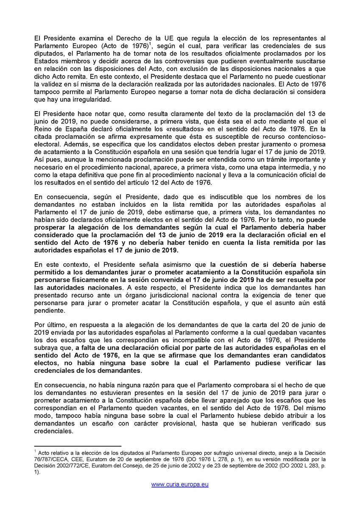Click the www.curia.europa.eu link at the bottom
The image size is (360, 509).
180,484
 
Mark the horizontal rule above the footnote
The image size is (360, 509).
78,446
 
